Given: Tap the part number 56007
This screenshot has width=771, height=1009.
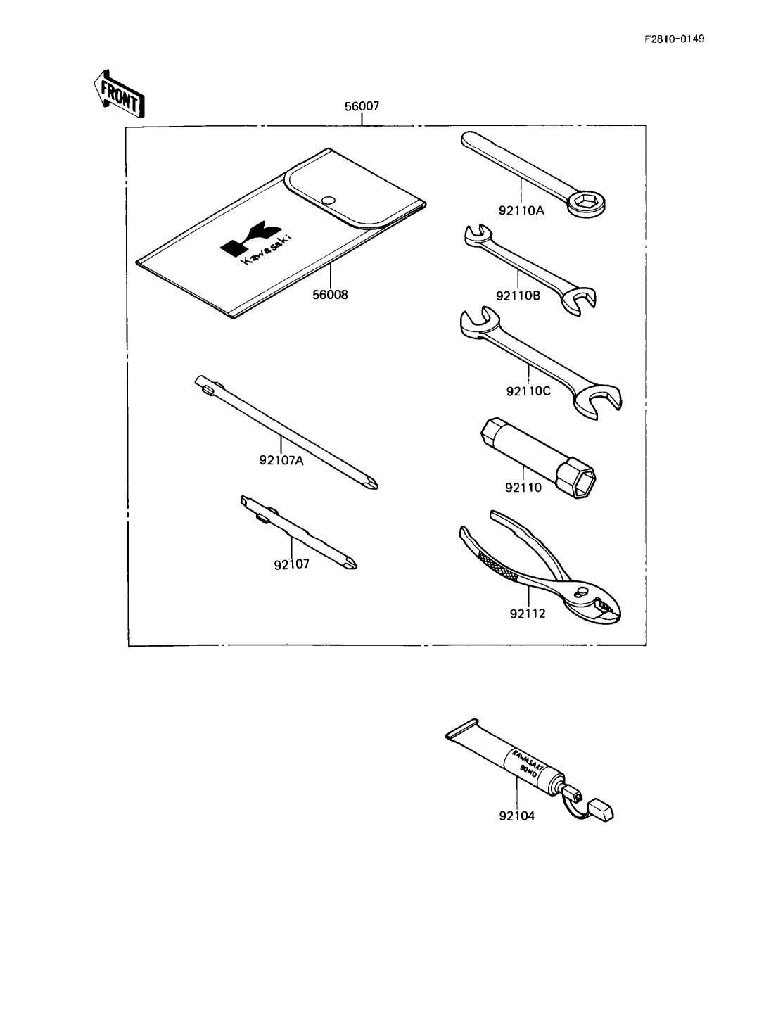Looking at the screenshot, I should click(362, 107).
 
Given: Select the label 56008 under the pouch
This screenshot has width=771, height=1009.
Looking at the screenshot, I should click(330, 295).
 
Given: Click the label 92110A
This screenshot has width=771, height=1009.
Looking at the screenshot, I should click(520, 209).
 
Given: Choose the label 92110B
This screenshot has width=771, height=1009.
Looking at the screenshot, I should click(518, 296).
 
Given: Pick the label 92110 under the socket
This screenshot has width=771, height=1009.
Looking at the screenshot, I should click(523, 487).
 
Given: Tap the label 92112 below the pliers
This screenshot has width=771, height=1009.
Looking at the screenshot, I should click(528, 614).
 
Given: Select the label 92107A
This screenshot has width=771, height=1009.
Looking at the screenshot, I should click(281, 461).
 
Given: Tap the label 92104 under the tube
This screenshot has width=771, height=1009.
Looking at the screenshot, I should click(516, 816).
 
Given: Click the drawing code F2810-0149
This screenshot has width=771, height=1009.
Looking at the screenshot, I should click(673, 39).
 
